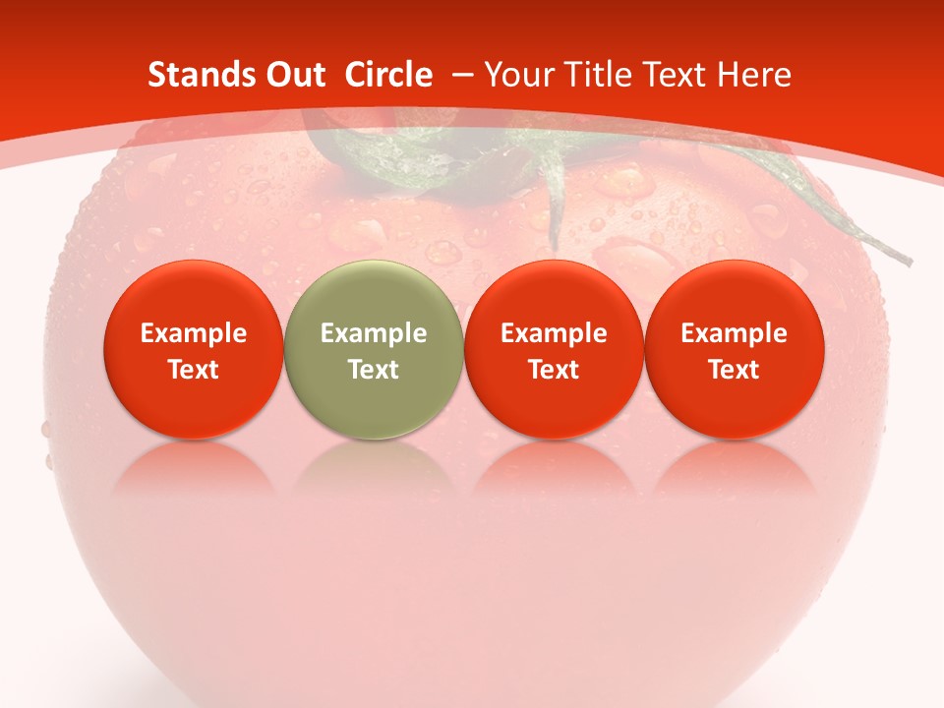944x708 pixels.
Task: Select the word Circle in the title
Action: click(x=388, y=75)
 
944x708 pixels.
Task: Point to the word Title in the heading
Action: click(x=590, y=75)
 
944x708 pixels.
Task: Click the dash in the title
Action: click(x=461, y=76)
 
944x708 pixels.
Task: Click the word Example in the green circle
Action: click(x=374, y=333)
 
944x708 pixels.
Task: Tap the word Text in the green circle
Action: click(x=374, y=370)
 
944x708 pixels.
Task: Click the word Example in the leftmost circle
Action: click(x=194, y=333)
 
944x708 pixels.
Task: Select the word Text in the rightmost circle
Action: click(x=734, y=370)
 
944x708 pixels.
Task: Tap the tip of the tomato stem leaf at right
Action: click(x=909, y=263)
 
